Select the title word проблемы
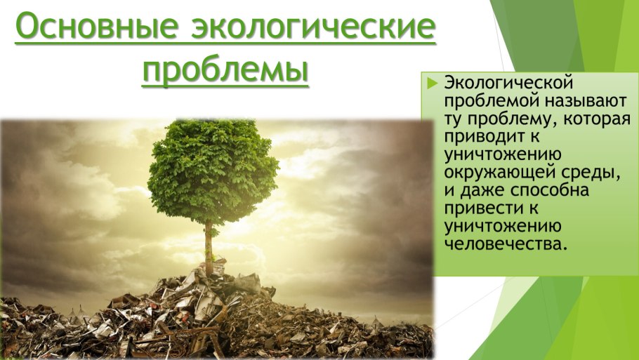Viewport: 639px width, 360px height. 225,70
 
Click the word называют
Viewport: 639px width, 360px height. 586,101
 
